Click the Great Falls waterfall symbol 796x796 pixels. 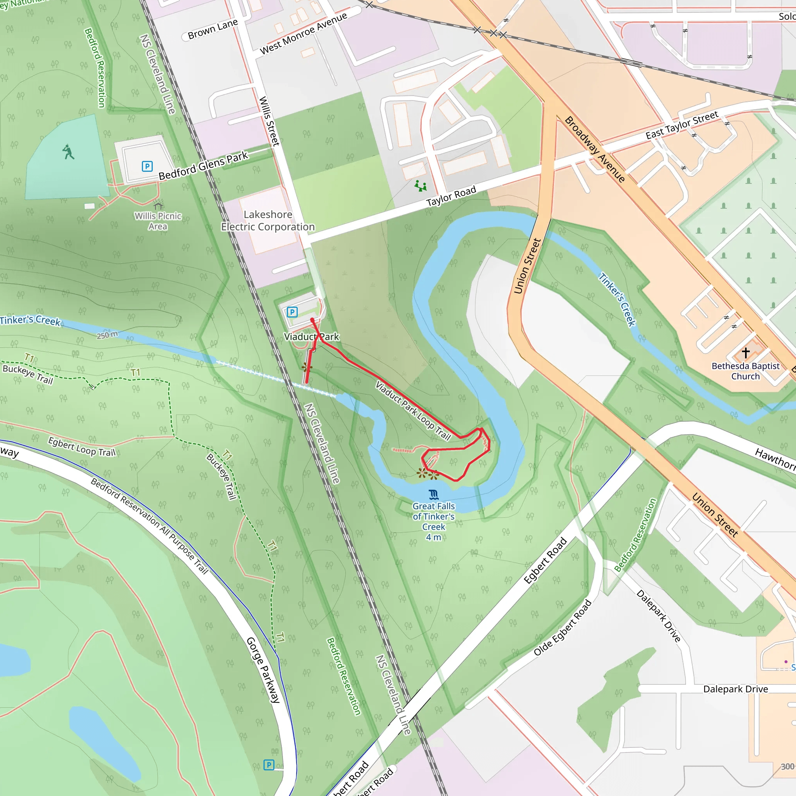pyautogui.click(x=433, y=494)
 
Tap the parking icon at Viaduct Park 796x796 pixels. pyautogui.click(x=292, y=312)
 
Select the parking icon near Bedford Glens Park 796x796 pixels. pyautogui.click(x=147, y=166)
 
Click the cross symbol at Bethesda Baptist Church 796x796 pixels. pyautogui.click(x=745, y=353)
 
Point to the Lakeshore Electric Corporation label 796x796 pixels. pyautogui.click(x=268, y=221)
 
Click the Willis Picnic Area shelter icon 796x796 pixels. pyautogui.click(x=158, y=204)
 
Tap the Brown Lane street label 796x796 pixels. pyautogui.click(x=213, y=29)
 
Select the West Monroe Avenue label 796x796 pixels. pyautogui.click(x=303, y=33)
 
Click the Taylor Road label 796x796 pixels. pyautogui.click(x=451, y=196)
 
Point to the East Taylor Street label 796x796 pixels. pyautogui.click(x=681, y=125)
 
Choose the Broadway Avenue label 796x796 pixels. pyautogui.click(x=595, y=149)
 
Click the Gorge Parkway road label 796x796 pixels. pyautogui.click(x=263, y=670)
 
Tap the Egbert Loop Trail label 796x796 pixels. pyautogui.click(x=82, y=447)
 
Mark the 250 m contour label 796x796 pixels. pyautogui.click(x=107, y=335)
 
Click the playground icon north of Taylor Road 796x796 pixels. pyautogui.click(x=420, y=186)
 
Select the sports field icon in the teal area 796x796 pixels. pyautogui.click(x=68, y=152)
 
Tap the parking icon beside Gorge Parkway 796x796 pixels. pyautogui.click(x=269, y=765)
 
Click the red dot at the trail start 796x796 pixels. pyautogui.click(x=312, y=320)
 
